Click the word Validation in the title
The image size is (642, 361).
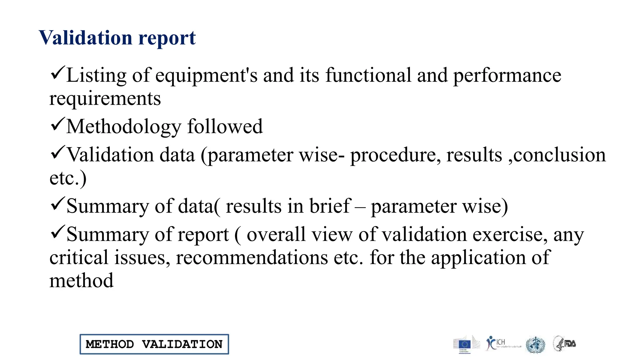pos(86,38)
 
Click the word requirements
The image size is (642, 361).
pos(105,99)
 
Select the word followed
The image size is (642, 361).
pos(225,127)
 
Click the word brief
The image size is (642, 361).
pos(330,206)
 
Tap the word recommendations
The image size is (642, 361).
pos(252,258)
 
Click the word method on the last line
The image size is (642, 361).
pos(82,280)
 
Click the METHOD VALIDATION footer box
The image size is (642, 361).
pos(154,344)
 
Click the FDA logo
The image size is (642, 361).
pos(565,343)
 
